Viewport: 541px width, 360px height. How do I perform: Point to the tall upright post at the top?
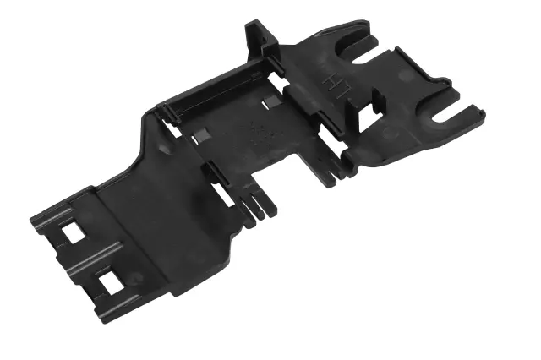tap(260, 38)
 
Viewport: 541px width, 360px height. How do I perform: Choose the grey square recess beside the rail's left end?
tap(202, 135)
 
